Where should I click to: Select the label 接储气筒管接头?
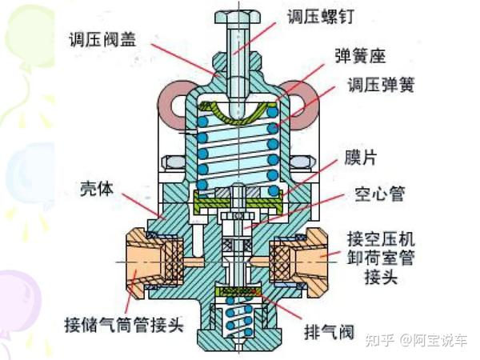[124, 326]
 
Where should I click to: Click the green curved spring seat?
[238, 112]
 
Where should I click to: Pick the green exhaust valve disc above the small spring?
[239, 292]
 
